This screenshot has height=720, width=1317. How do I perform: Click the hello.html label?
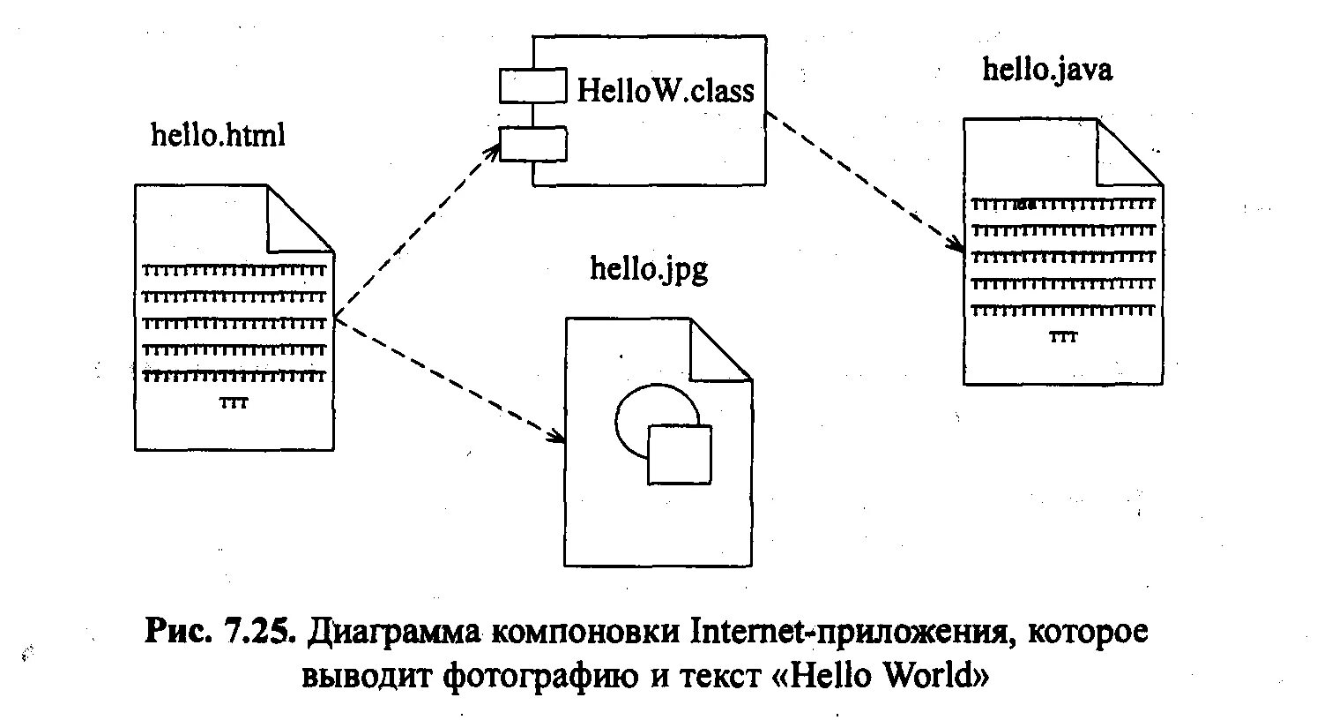click(219, 136)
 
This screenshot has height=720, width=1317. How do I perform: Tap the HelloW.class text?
click(666, 89)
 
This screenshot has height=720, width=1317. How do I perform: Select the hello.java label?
click(1047, 70)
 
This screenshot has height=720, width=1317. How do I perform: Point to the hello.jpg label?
click(649, 268)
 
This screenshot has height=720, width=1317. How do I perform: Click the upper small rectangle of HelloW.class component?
click(532, 86)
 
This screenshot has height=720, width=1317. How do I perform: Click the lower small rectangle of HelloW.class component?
click(532, 144)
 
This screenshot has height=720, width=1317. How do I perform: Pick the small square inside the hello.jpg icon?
click(679, 454)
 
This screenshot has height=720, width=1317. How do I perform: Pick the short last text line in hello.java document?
click(1062, 337)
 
